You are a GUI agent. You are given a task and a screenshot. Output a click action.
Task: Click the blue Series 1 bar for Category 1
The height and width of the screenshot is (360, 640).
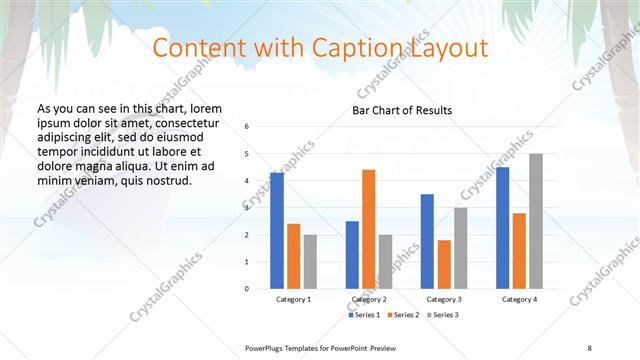pos(277,231)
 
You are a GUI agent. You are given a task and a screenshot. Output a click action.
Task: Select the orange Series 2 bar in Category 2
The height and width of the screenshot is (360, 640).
pos(368,229)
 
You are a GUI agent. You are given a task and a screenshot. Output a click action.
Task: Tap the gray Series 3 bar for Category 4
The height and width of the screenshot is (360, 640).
pos(536,221)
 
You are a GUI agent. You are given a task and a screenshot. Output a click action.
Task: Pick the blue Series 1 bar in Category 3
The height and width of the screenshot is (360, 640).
pos(427,241)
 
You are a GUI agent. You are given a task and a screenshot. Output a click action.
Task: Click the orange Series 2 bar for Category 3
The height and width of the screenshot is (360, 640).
pos(444,264)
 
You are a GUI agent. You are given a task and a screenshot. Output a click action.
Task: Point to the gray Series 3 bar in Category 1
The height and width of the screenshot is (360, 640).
pos(310,261)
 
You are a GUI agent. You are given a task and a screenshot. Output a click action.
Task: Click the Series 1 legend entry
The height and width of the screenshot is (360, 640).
pos(364,315)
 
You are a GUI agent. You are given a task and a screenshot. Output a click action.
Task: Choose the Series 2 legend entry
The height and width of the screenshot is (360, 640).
pos(402,315)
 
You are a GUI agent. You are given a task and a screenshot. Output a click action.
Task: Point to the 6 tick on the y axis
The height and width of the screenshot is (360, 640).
pos(247,127)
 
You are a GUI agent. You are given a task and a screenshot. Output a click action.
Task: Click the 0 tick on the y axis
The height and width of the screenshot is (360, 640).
pos(247,289)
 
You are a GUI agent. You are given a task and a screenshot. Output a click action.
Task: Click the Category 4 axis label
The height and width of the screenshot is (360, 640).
pos(519,299)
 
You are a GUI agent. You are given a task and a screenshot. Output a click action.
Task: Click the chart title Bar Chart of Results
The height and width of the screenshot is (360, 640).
pos(402,110)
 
